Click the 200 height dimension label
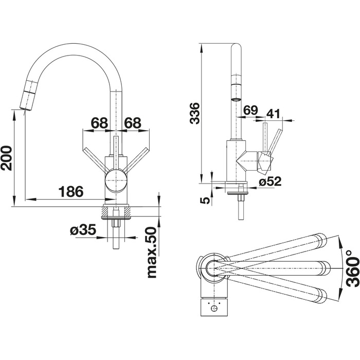pos(6,158)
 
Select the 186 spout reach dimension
pos(71,191)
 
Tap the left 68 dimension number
pos(100,123)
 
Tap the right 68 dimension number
pos(133,123)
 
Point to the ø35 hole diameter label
pos(83,229)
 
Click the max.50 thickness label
pos(152,253)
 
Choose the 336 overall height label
pos(195,114)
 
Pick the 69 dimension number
pos(251,110)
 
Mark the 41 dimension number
pos(273,114)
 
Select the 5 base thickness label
pos(205,201)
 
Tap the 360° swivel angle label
pos(353,268)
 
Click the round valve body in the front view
pos(116,180)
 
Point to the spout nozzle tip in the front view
pos(25,110)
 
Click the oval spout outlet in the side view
pos(236,100)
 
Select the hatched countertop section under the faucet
pos(116,211)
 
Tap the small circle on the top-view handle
pos(214,309)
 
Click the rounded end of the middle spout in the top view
pos(326,268)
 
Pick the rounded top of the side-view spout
pos(236,45)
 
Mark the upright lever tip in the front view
pos(116,137)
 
